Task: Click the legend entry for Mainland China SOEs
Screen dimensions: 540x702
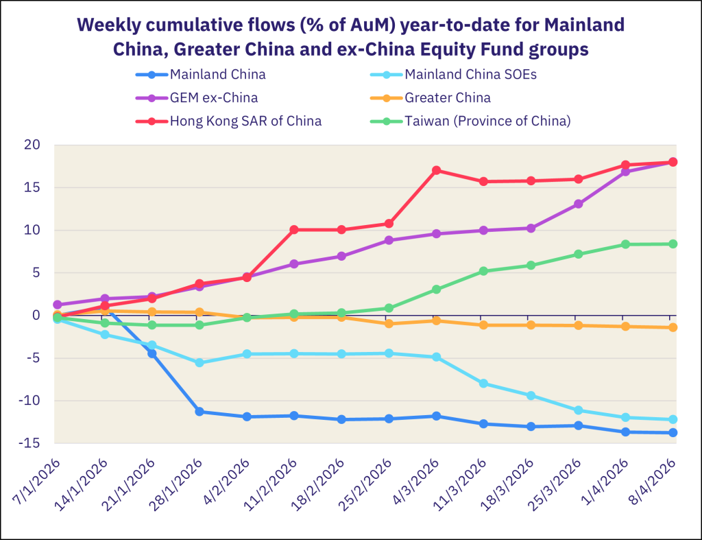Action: pyautogui.click(x=470, y=74)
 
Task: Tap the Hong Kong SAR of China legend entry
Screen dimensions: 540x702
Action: pyautogui.click(x=245, y=121)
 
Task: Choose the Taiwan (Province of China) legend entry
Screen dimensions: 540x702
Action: pyautogui.click(x=487, y=121)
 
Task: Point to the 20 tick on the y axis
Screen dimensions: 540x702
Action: pyautogui.click(x=33, y=145)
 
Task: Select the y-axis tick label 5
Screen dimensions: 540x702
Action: pyautogui.click(x=36, y=272)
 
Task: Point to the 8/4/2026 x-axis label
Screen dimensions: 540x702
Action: pyautogui.click(x=651, y=487)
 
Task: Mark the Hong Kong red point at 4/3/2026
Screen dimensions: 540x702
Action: pyautogui.click(x=436, y=170)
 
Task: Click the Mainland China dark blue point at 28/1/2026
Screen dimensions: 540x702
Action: pyautogui.click(x=199, y=412)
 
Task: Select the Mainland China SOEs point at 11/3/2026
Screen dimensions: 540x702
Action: pyautogui.click(x=483, y=384)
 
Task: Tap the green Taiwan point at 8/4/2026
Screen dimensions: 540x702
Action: pyautogui.click(x=673, y=244)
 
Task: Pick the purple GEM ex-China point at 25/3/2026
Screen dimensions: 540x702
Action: pyautogui.click(x=578, y=204)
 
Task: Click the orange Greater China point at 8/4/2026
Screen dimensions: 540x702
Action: pyautogui.click(x=673, y=327)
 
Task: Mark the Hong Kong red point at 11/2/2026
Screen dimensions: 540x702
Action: pyautogui.click(x=294, y=230)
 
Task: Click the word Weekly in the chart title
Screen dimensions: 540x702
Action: pyautogui.click(x=109, y=25)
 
